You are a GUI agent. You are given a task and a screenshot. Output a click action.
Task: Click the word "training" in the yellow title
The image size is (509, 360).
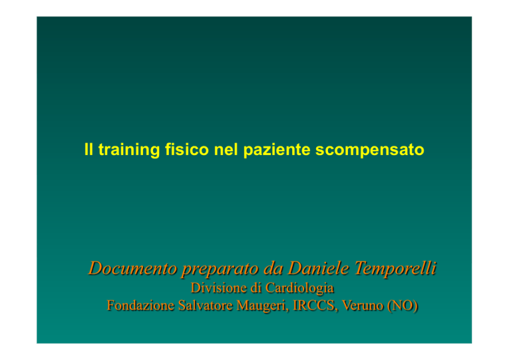[x=129, y=150]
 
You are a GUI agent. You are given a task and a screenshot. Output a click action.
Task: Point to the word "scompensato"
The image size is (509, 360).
[x=370, y=150]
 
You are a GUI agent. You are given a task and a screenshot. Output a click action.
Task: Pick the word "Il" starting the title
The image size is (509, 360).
[x=89, y=149]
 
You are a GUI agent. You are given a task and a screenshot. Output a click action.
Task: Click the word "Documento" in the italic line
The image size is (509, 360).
[x=133, y=268]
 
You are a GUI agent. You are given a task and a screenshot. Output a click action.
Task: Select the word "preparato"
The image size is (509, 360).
[x=221, y=269]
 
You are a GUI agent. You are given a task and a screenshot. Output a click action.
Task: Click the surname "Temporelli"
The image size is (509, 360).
[x=395, y=269]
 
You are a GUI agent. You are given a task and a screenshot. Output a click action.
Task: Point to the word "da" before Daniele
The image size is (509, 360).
[x=274, y=268]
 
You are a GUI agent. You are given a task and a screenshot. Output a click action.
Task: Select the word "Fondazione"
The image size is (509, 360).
[x=141, y=306]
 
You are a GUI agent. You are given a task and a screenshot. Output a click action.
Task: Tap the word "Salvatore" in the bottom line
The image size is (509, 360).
[x=205, y=306]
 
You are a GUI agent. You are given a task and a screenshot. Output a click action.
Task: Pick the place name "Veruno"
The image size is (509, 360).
[x=363, y=306]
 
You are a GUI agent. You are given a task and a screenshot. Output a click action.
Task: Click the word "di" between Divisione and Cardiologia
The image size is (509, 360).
[x=256, y=288]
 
